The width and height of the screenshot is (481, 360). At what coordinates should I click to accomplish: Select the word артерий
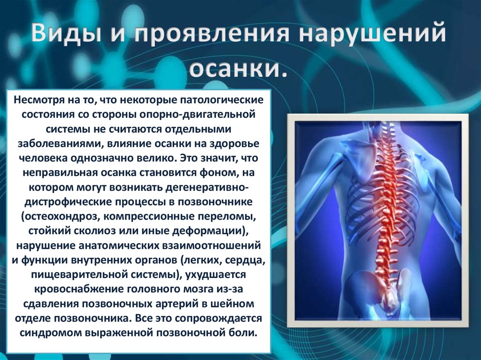point(175,303)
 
